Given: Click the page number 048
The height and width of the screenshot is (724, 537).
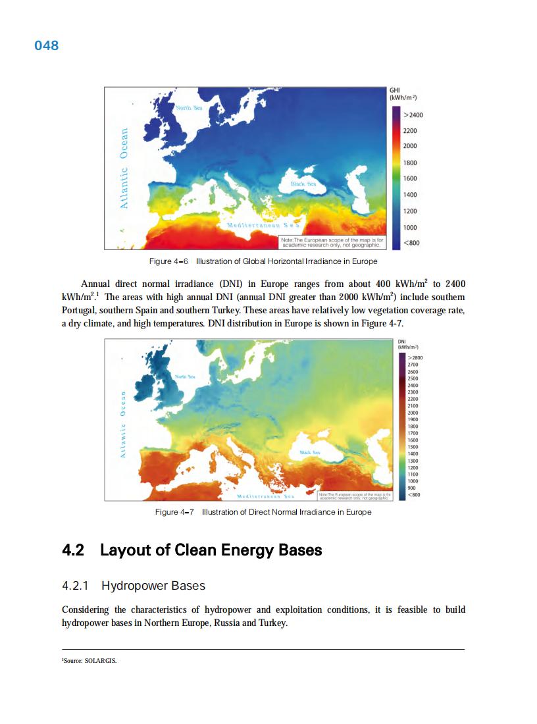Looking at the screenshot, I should tap(46, 45).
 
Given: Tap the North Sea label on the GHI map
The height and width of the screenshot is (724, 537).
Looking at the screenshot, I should tap(188, 107).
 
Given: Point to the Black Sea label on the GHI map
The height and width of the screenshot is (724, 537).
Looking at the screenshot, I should tap(304, 184).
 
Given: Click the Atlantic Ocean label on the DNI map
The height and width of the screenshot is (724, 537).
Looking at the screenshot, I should tap(122, 425).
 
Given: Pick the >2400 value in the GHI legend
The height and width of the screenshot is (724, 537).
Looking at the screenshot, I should tap(413, 115).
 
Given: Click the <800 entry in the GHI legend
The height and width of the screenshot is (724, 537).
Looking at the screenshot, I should tap(411, 243).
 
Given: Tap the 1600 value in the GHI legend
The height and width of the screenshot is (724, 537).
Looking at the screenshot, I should tap(410, 178).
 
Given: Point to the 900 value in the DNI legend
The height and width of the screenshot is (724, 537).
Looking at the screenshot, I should tap(412, 488).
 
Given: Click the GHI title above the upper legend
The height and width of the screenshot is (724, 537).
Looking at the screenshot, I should tap(396, 89).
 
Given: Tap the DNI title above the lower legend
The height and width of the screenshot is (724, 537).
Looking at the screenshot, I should tap(402, 341).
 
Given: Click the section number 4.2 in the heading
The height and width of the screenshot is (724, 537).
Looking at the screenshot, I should tap(72, 550).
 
